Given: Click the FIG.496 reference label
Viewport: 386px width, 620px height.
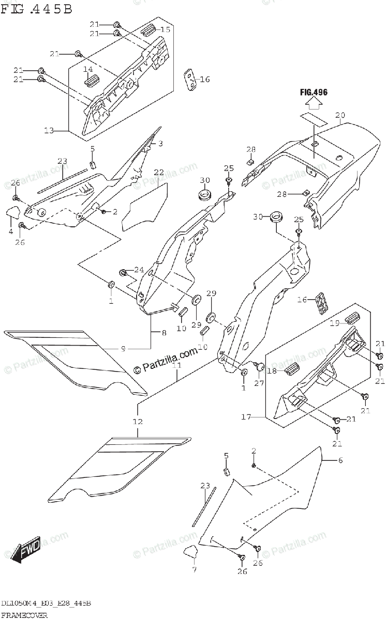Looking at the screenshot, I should [x=314, y=92].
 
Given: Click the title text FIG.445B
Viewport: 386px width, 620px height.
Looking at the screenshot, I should [x=37, y=9].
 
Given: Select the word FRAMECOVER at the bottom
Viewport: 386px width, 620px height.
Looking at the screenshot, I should [x=24, y=615].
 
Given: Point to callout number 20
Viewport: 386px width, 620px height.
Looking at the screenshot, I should [x=339, y=115].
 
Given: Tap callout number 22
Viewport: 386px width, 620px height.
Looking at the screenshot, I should [x=158, y=172].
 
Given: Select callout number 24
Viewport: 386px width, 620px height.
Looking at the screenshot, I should [x=139, y=269].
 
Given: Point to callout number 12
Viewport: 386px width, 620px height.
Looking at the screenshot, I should [x=137, y=422].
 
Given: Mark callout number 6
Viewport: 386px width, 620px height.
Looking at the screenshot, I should [x=340, y=461].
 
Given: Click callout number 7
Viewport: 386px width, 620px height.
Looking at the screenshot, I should [x=194, y=570].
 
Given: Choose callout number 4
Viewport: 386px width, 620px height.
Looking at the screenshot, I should [x=10, y=231].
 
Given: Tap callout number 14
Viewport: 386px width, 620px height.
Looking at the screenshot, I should [x=88, y=69].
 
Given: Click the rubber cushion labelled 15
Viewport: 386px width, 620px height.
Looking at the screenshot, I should [x=149, y=29].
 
